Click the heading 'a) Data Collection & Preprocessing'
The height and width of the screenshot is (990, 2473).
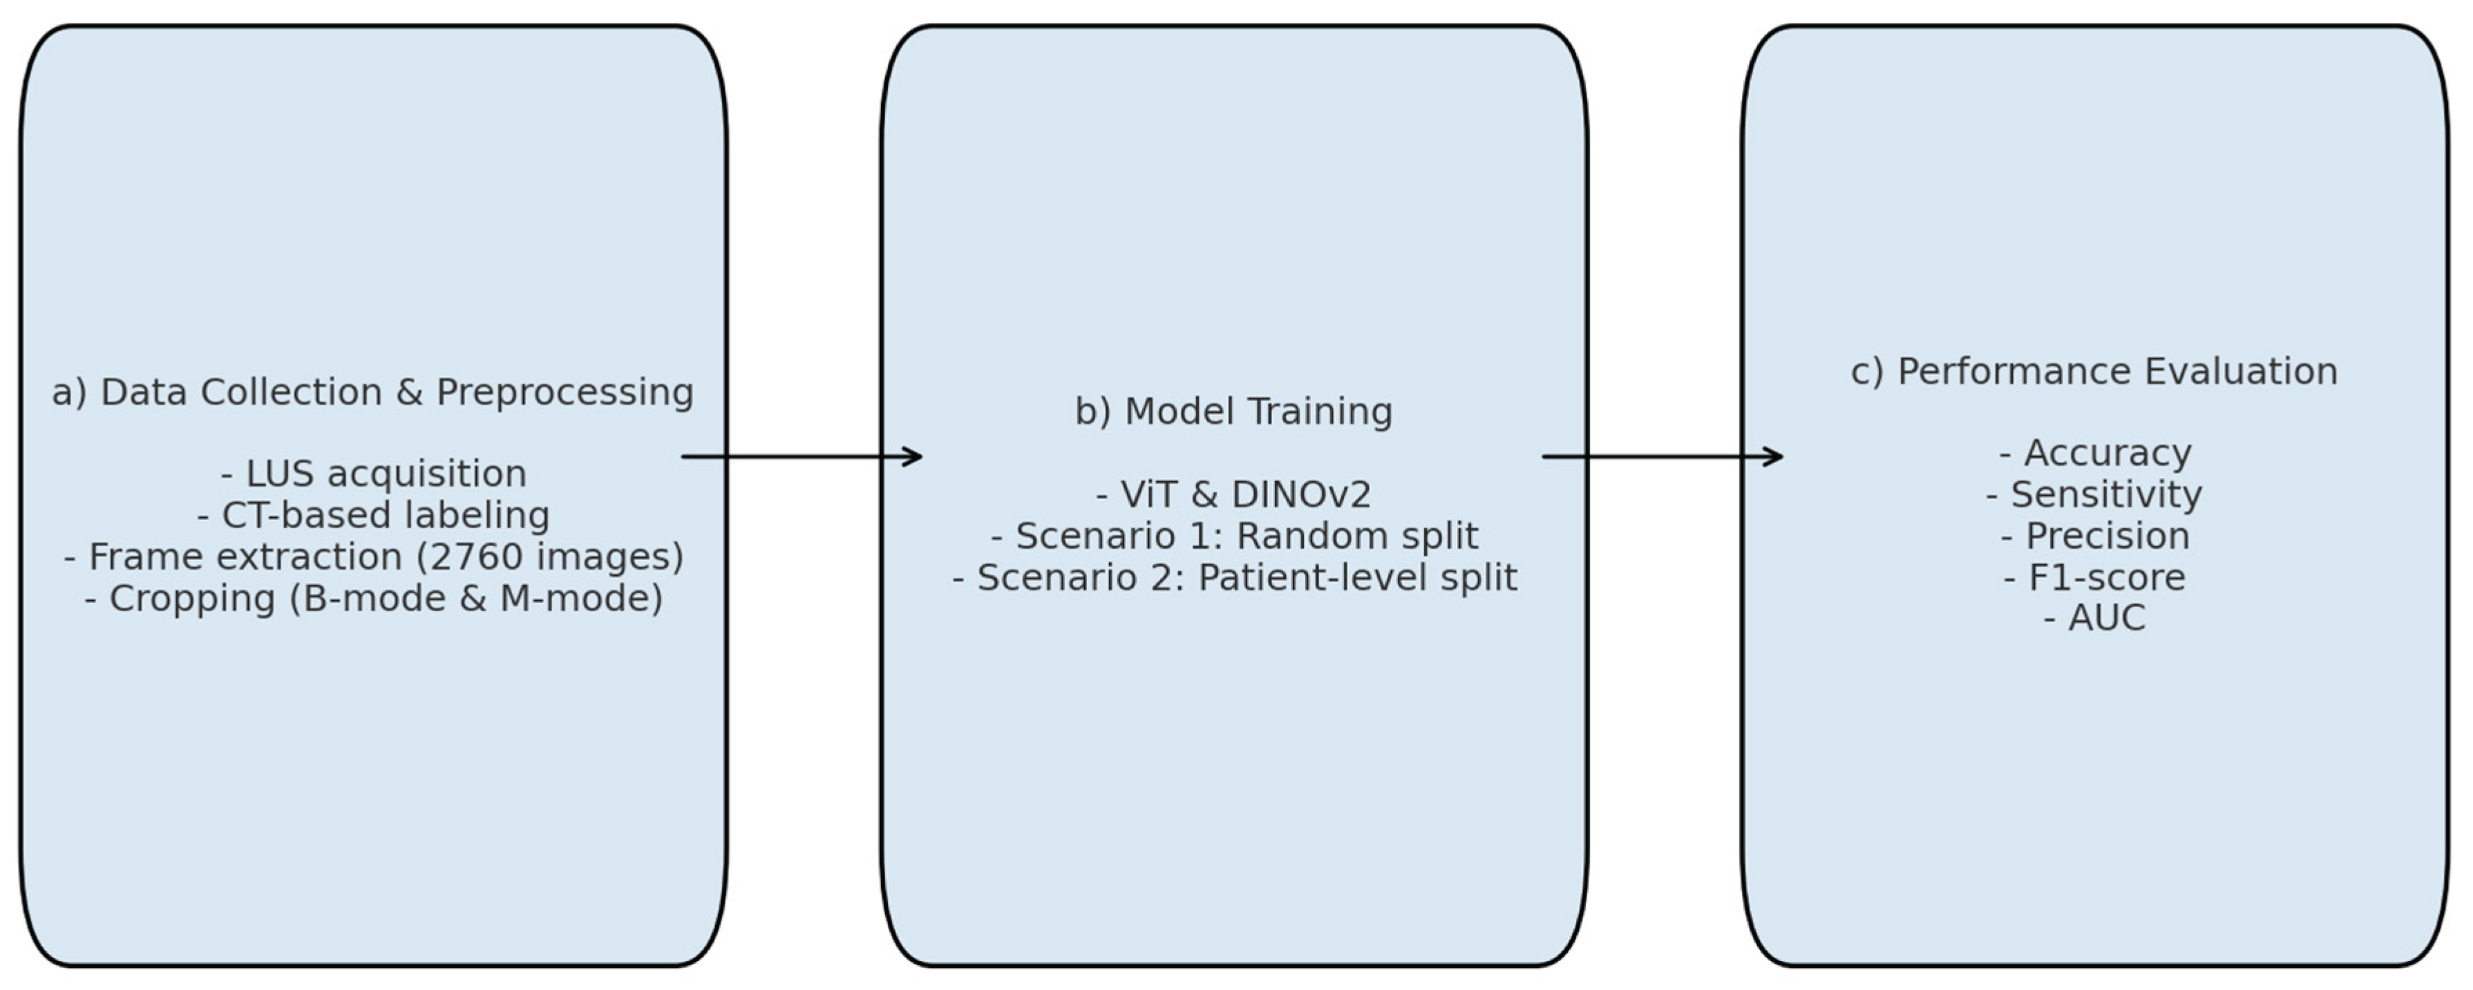point(372,392)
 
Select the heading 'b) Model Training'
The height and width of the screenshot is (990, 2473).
point(1233,411)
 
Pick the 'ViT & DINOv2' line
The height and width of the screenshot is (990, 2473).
point(1233,494)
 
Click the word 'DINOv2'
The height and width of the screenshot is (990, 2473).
point(1301,494)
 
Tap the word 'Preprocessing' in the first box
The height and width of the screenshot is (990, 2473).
point(565,392)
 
